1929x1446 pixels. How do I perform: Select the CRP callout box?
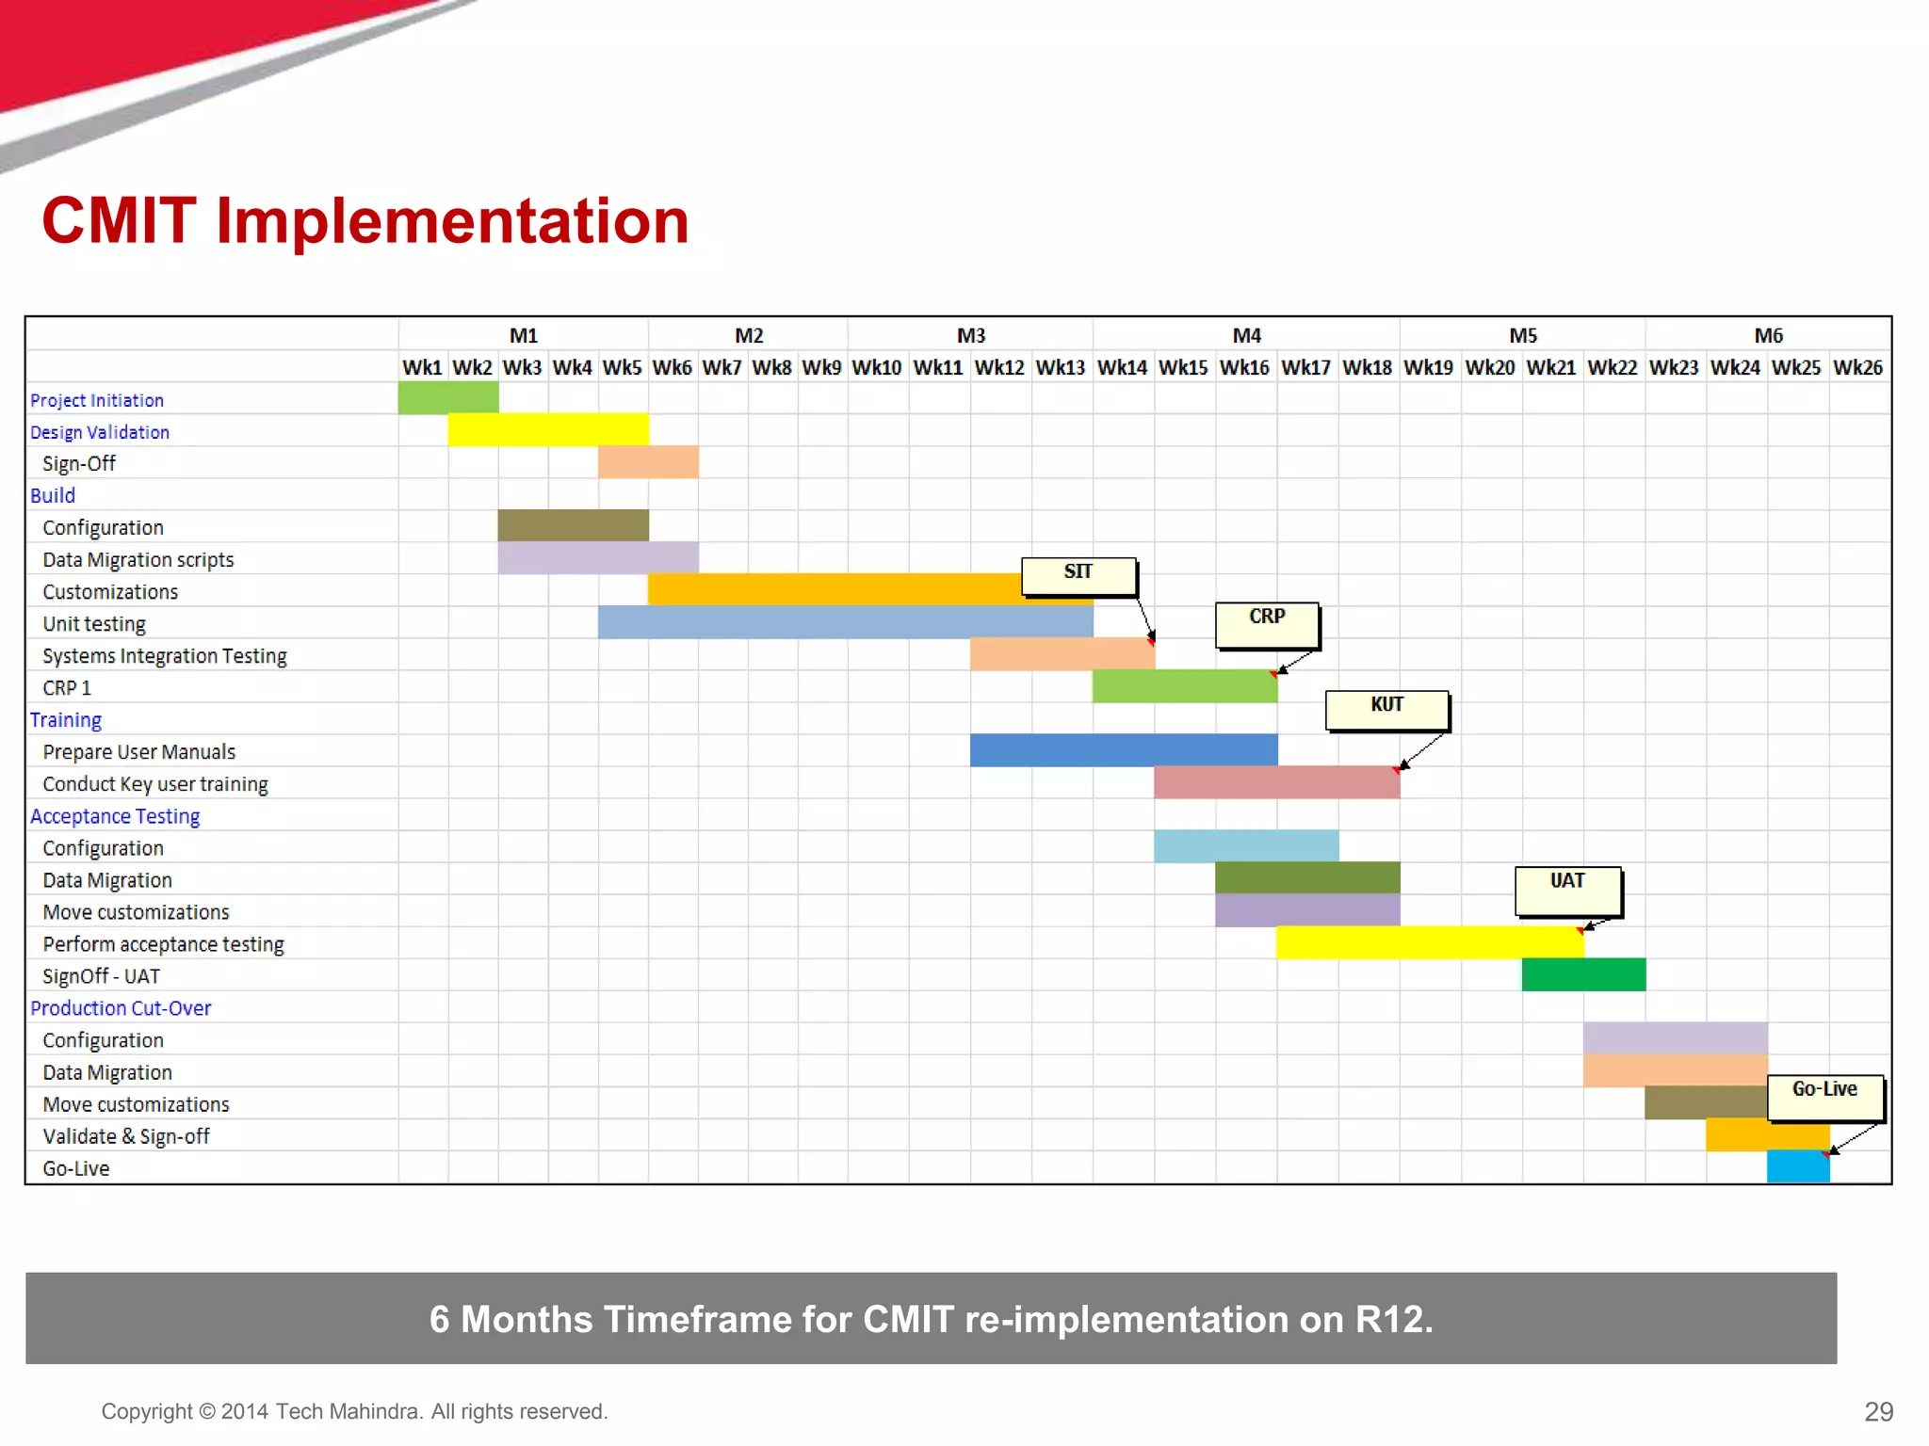[1267, 624]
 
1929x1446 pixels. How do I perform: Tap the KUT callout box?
[1386, 710]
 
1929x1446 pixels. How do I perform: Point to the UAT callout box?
[1567, 890]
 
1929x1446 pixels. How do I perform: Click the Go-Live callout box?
[1824, 1097]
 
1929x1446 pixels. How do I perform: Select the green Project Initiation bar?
[448, 398]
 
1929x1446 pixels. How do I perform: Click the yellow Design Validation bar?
[548, 430]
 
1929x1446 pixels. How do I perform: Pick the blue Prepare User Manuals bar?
[1124, 750]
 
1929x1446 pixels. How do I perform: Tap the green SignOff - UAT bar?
[1583, 974]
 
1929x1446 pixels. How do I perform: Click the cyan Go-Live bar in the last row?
[1798, 1166]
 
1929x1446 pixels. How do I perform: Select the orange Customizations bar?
[834, 589]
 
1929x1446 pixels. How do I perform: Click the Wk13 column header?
[1061, 368]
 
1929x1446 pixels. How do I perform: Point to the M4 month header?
[1246, 336]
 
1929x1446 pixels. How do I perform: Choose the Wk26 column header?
[1857, 368]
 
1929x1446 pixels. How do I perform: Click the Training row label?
[66, 720]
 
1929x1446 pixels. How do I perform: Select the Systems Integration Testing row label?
[165, 656]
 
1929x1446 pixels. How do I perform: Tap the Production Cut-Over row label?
[121, 1008]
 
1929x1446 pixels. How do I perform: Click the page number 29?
[1878, 1411]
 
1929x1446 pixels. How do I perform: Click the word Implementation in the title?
[452, 221]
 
